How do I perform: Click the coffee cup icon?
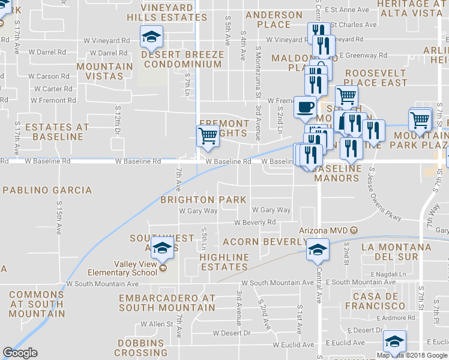[x=305, y=108]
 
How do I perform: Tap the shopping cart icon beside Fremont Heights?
[x=208, y=136]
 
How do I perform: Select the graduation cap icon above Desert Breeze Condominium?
[x=151, y=37]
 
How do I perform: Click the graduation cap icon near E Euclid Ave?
[x=394, y=341]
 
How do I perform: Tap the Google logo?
[x=20, y=353]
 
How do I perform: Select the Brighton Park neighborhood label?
[x=203, y=200]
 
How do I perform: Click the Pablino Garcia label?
[x=47, y=190]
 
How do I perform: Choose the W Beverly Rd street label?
[x=255, y=222]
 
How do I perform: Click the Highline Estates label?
[x=224, y=262]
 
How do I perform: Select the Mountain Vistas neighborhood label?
[x=104, y=71]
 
